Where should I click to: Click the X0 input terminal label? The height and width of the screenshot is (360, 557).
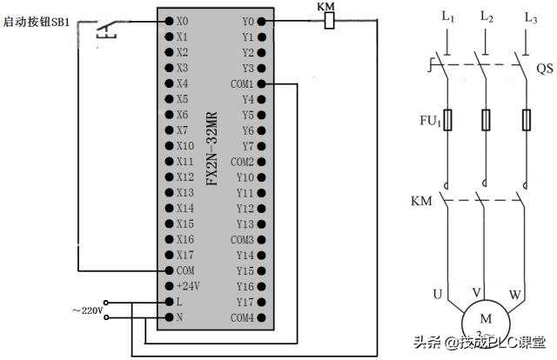[182, 21]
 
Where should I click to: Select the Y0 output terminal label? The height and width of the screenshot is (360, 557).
[247, 21]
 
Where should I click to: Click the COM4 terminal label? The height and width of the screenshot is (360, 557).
[242, 317]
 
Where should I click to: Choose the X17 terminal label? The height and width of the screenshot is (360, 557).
[185, 255]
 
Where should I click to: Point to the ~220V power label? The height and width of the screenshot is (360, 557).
[87, 310]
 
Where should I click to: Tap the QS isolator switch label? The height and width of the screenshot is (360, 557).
[544, 68]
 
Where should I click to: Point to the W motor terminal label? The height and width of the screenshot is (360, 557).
[515, 295]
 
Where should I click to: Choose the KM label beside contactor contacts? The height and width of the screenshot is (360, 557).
[421, 202]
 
